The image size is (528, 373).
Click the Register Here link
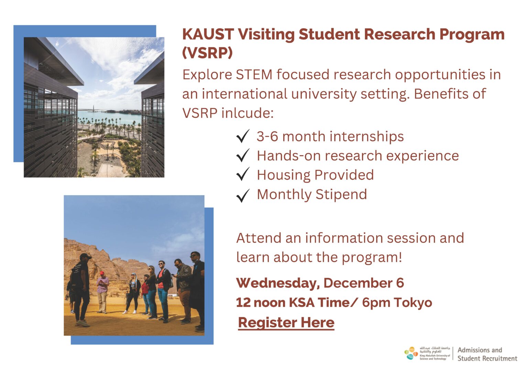point(286,323)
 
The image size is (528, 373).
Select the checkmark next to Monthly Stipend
point(243,195)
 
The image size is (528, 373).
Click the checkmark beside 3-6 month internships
point(243,136)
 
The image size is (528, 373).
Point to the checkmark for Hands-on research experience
point(243,155)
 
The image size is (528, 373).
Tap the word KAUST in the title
point(208,34)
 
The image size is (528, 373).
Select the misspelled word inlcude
point(247,113)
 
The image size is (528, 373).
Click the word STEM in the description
point(254,75)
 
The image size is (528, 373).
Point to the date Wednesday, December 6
point(320,283)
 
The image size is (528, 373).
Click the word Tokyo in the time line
point(413,303)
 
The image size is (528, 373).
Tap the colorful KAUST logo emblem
point(411,353)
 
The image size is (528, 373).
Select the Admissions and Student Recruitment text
point(487,354)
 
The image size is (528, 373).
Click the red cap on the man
point(102,273)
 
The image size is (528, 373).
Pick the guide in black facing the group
point(81,288)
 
